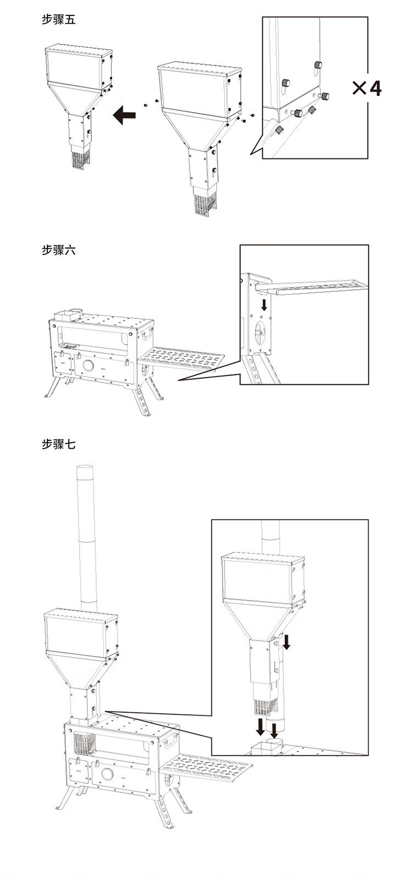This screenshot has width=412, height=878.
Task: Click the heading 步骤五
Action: (58, 20)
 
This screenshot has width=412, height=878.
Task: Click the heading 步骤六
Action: (58, 250)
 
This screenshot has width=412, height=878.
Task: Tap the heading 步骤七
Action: (58, 444)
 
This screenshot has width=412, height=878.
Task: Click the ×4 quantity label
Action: (366, 89)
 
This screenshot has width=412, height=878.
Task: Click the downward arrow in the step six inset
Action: (264, 304)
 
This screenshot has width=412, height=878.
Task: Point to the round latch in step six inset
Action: (260, 333)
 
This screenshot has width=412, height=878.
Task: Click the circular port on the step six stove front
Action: (88, 367)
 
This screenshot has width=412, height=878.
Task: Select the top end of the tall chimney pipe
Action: (85, 467)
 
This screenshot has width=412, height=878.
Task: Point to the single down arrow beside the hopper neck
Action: (287, 640)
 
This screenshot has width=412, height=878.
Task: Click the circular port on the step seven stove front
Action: (107, 775)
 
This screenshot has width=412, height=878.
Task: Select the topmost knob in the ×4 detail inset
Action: (318, 65)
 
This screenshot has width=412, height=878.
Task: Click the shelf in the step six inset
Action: (313, 286)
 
